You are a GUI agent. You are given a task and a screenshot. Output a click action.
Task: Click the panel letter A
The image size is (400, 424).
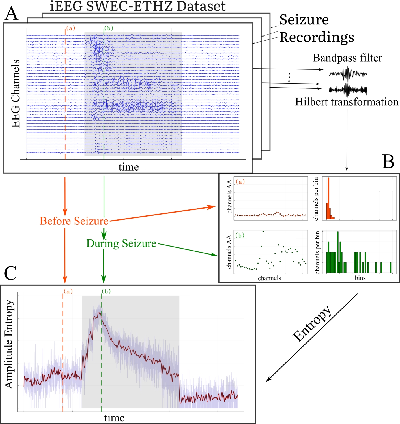11,13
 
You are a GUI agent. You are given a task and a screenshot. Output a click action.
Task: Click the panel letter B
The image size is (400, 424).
388,162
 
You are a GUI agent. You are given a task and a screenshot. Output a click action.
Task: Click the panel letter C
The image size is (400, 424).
10,273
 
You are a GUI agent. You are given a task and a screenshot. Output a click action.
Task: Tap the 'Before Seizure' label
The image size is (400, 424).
74,221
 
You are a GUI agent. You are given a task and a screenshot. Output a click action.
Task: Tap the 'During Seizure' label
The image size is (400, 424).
121,243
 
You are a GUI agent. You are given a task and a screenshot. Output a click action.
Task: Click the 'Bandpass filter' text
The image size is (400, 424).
347,58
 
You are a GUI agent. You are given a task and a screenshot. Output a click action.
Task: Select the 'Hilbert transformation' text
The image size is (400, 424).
347,102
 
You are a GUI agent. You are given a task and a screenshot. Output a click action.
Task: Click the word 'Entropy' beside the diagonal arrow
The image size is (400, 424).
312,323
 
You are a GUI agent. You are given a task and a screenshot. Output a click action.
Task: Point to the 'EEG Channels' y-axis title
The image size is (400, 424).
16,94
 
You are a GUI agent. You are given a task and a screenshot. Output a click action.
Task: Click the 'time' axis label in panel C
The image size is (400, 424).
114,418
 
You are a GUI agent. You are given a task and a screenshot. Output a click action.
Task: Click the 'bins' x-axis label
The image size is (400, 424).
360,278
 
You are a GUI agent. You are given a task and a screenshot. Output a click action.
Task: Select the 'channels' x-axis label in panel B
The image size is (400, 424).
269,278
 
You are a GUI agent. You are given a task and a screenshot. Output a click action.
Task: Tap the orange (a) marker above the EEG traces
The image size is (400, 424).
70,28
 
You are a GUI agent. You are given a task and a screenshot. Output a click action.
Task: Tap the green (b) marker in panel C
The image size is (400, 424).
106,291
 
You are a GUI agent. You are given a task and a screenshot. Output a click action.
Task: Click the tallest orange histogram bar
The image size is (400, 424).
328,198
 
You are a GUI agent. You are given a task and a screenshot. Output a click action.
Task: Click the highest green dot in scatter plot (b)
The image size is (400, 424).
263,232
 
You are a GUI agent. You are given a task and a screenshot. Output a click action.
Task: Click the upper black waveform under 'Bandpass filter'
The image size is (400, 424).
348,74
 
